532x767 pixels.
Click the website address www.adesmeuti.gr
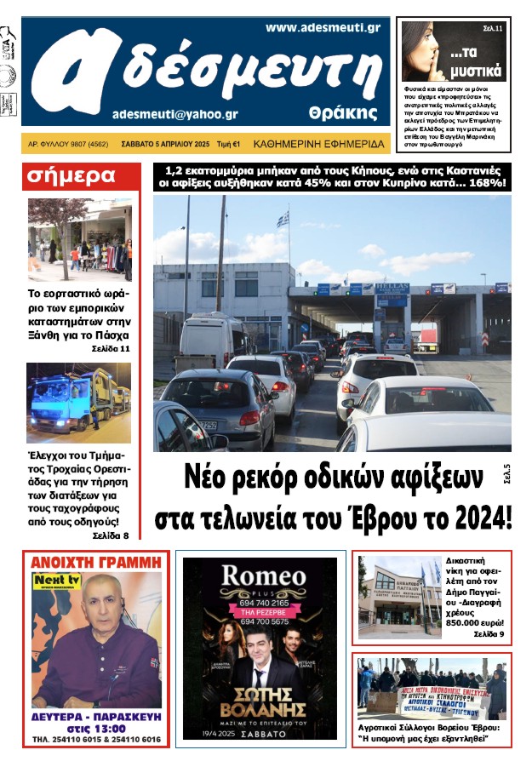322,27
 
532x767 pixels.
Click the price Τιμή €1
228,144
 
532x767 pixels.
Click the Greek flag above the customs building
283,220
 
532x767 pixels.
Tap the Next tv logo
51,581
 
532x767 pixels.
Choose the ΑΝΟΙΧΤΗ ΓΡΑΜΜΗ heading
95,562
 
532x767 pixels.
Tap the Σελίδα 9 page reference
489,634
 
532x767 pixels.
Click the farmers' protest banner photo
431,690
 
